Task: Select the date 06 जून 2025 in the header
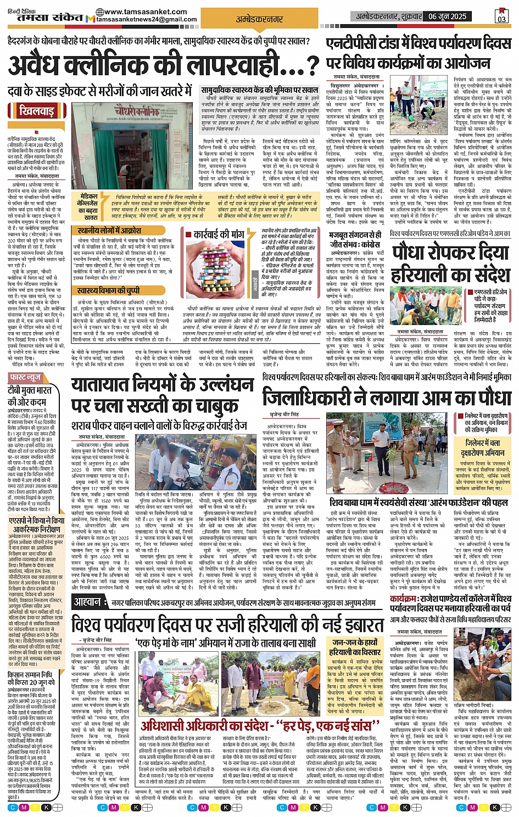(448, 16)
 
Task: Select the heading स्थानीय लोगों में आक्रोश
(109, 231)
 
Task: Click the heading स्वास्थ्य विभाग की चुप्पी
(108, 290)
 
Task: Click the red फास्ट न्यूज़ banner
(26, 378)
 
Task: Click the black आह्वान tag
(88, 602)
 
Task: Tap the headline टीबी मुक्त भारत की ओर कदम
(30, 395)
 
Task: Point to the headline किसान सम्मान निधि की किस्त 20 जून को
(30, 678)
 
